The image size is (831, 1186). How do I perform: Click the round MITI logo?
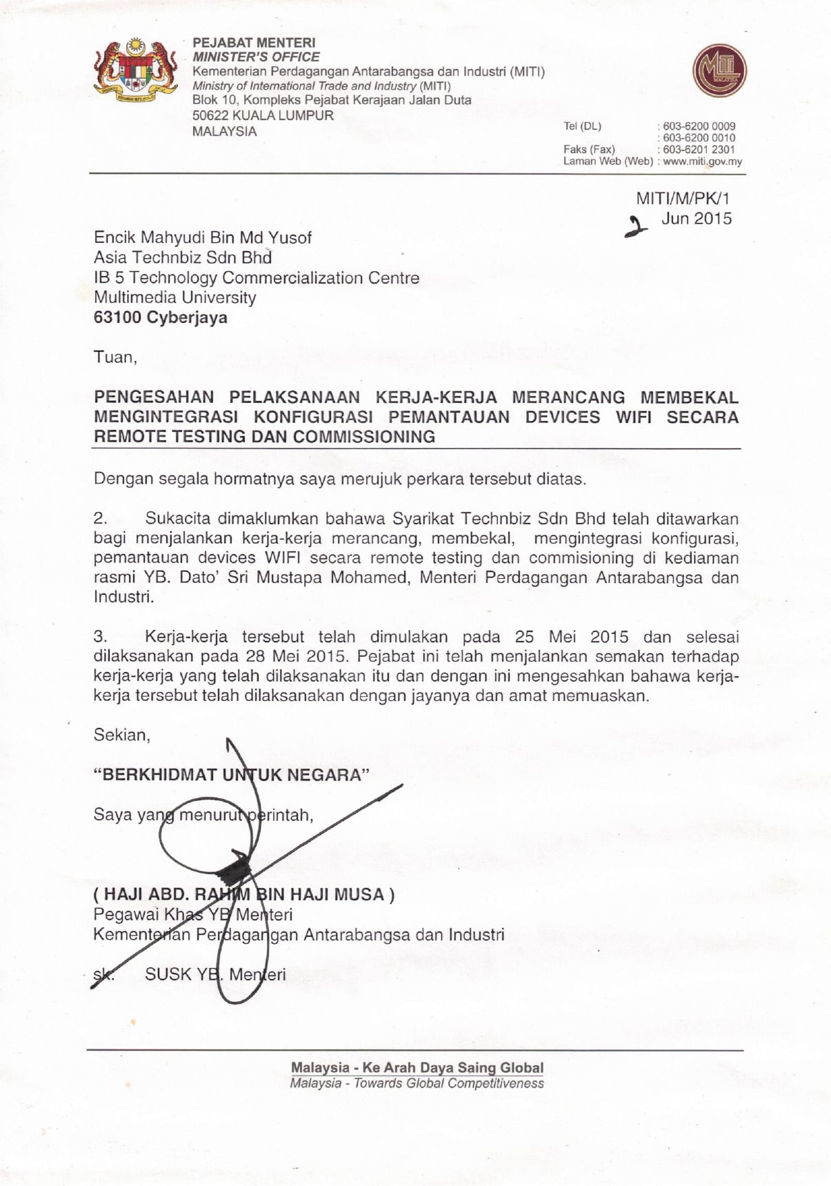719,70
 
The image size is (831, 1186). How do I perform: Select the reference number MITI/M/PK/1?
682,199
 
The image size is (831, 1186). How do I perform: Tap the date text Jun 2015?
697,219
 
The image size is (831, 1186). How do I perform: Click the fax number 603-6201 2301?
699,149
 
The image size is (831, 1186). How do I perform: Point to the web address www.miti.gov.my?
702,161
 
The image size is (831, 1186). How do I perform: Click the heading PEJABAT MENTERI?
254,43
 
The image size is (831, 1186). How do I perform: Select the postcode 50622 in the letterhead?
210,115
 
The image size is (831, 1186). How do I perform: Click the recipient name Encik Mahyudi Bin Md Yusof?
203,238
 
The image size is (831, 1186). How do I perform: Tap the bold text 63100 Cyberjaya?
161,318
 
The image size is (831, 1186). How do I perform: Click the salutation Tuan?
114,357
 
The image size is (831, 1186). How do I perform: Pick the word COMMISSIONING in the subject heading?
364,437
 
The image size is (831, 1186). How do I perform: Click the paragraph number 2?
101,518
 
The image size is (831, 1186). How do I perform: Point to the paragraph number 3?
101,637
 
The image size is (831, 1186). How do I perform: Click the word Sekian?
121,735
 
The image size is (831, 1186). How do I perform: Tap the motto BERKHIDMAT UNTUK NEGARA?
231,775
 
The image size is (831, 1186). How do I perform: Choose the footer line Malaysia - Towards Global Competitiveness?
417,1083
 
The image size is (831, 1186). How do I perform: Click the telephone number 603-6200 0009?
699,126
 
